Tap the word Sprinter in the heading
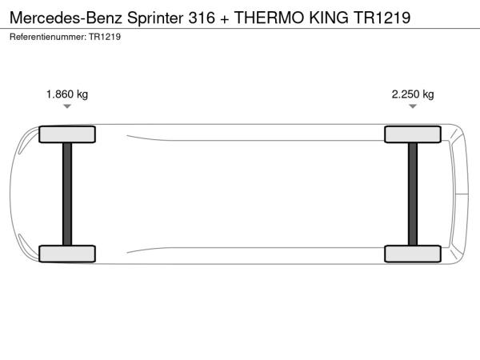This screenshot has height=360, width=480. [155, 18]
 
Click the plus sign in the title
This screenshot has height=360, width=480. [224, 19]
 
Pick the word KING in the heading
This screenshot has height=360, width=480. [329, 18]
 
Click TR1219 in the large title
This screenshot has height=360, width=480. [382, 18]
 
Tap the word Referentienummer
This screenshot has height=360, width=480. [48, 37]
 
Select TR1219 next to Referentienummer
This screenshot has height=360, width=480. [105, 37]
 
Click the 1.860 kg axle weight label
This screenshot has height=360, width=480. [67, 94]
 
